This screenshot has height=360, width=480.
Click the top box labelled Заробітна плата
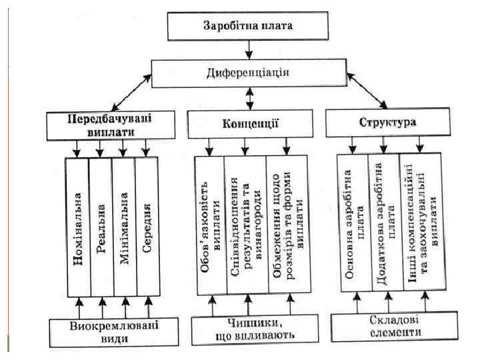click(248, 27)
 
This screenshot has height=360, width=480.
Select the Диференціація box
click(249, 71)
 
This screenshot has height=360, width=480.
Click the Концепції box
click(249, 124)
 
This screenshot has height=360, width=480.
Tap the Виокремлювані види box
click(109, 331)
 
